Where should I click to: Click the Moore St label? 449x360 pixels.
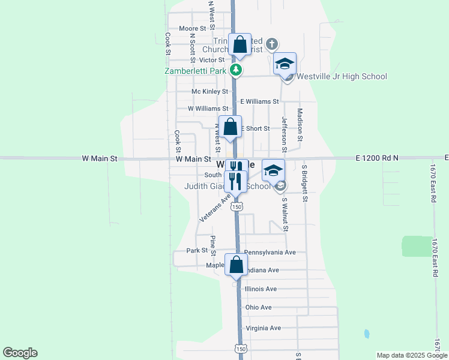click(193, 28)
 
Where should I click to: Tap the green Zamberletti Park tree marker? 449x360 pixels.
click(237, 70)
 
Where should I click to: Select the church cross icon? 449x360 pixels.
click(272, 44)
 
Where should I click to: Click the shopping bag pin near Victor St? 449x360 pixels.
click(240, 45)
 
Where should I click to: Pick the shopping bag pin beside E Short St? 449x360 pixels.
click(230, 127)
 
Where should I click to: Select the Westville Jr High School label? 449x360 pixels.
click(340, 76)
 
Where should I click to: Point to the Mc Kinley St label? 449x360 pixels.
click(209, 92)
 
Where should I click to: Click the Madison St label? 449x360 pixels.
click(300, 125)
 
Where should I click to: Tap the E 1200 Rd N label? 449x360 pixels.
click(376, 158)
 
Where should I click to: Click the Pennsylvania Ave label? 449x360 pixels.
click(270, 253)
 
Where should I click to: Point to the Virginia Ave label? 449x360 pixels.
click(263, 328)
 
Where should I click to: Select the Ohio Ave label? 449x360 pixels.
click(259, 307)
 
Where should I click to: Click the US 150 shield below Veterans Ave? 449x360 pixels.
click(238, 206)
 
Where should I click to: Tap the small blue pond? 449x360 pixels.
click(366, 333)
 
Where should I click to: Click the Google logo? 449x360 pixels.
click(20, 353)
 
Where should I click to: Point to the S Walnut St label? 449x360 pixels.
click(285, 214)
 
